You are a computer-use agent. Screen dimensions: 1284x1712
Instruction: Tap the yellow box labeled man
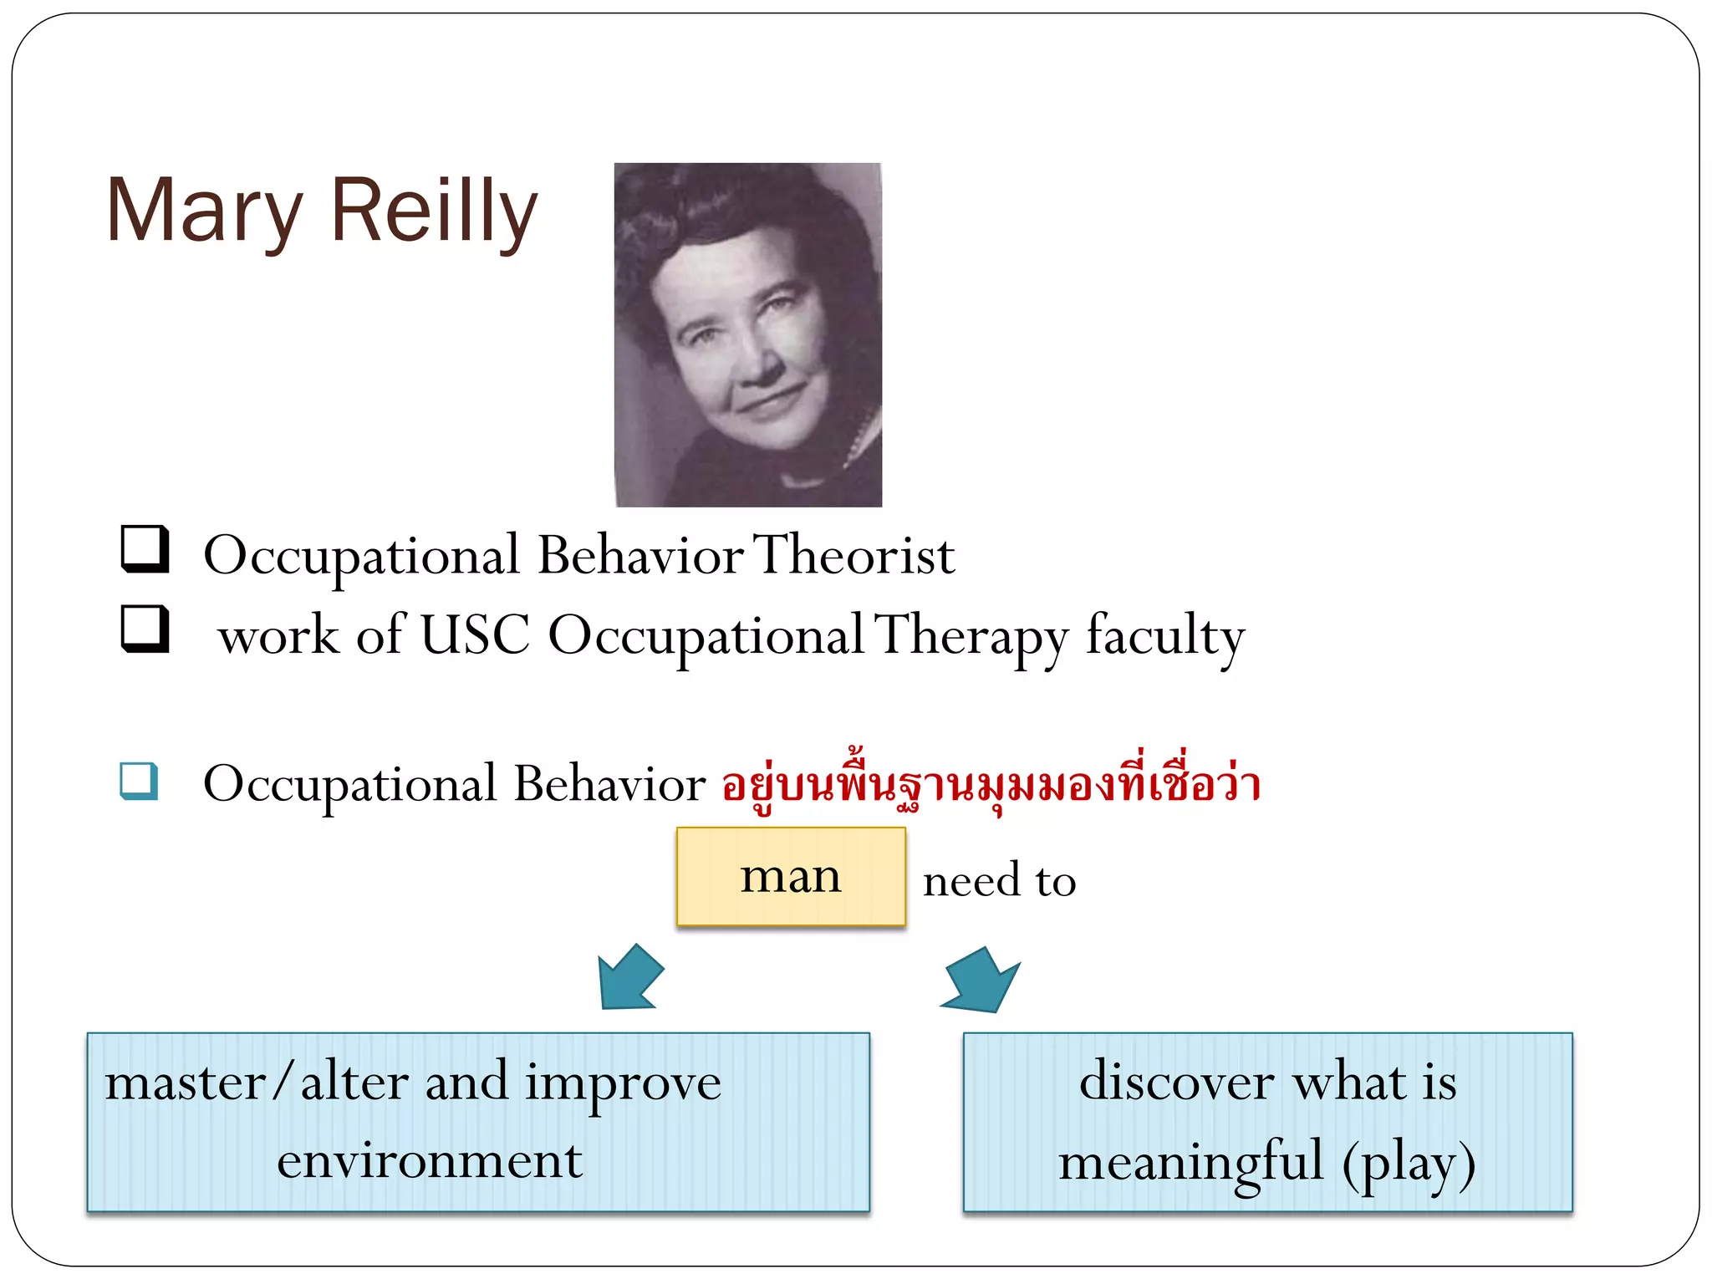[x=790, y=876]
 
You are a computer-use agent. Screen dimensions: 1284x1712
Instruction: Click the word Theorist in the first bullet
[x=853, y=555]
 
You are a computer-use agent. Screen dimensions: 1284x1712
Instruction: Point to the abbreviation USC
[x=474, y=634]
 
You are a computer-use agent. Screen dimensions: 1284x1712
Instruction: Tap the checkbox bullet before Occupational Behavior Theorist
[x=145, y=548]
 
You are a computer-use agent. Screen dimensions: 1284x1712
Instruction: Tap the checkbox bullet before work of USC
[x=145, y=629]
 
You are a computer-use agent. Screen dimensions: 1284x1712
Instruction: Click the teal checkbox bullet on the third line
[x=139, y=781]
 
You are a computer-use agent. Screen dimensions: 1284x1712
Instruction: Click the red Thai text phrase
[x=991, y=784]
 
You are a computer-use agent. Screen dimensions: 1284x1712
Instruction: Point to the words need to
[x=999, y=881]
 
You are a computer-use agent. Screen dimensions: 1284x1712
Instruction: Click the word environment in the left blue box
[x=429, y=1161]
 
